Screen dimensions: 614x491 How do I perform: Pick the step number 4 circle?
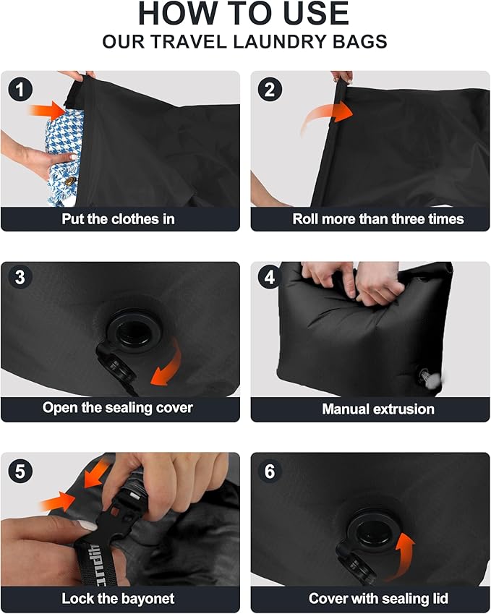tap(270, 278)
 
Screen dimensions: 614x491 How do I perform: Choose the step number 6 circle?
tap(270, 472)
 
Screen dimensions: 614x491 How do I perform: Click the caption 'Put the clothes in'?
tap(118, 218)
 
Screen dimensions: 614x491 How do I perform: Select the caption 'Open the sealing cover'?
tap(118, 407)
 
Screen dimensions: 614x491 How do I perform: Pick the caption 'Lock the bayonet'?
tap(118, 598)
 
